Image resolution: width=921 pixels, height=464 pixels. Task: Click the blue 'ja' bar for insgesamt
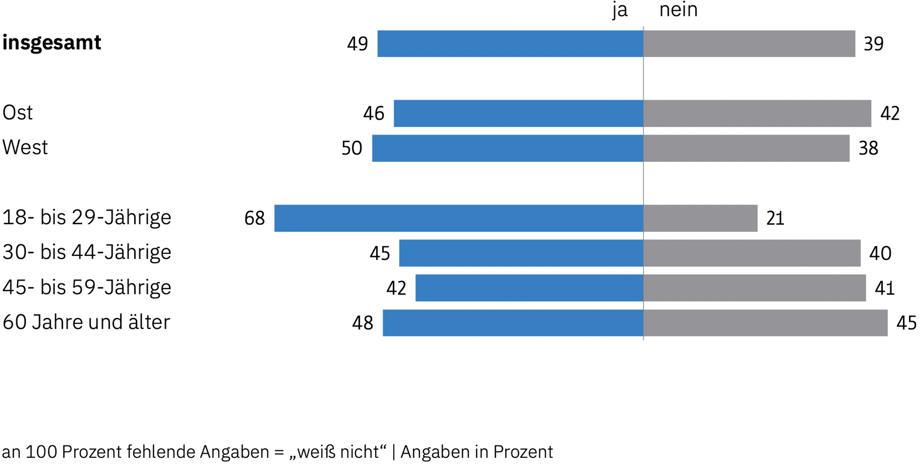pyautogui.click(x=510, y=44)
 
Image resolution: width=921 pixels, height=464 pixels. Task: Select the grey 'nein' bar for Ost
pyautogui.click(x=757, y=113)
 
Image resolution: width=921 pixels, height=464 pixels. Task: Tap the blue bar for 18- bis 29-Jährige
pyautogui.click(x=459, y=218)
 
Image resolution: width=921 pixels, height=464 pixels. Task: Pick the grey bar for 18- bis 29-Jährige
pyautogui.click(x=700, y=218)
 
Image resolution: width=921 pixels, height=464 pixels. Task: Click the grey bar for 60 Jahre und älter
pyautogui.click(x=765, y=323)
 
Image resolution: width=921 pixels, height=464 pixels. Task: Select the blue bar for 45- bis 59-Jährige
pyautogui.click(x=529, y=288)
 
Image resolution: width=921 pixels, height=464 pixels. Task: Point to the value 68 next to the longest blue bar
pyautogui.click(x=255, y=218)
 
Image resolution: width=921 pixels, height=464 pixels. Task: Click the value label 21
pyautogui.click(x=775, y=218)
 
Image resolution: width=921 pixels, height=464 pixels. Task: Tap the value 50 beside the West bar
pyautogui.click(x=352, y=148)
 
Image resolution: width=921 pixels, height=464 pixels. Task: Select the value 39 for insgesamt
pyautogui.click(x=873, y=44)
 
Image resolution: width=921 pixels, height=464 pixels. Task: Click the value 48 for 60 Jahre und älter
pyautogui.click(x=362, y=323)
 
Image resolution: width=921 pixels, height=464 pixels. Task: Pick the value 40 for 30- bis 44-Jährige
pyautogui.click(x=880, y=253)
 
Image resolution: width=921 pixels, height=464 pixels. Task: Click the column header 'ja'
pyautogui.click(x=620, y=10)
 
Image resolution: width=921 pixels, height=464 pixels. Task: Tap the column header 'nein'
pyautogui.click(x=678, y=10)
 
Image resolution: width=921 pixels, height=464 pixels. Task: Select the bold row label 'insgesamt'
pyautogui.click(x=52, y=43)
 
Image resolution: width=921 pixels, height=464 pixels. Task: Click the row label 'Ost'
pyautogui.click(x=17, y=113)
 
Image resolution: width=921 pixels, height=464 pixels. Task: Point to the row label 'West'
pyautogui.click(x=25, y=148)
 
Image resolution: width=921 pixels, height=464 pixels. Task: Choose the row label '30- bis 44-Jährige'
pyautogui.click(x=87, y=252)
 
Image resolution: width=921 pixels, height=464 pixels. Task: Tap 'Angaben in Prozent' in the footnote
pyautogui.click(x=476, y=452)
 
